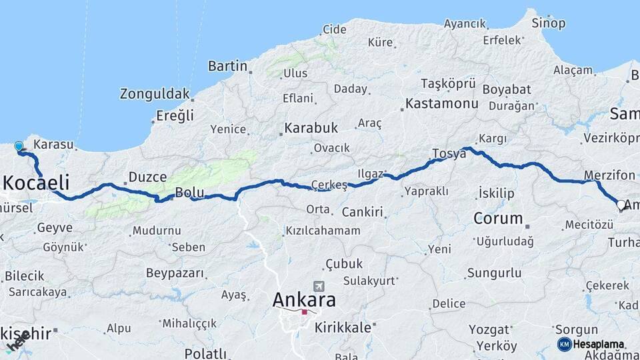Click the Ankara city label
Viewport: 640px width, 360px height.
(304, 300)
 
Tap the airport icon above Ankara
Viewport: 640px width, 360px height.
(319, 285)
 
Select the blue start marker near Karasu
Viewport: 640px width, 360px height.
(19, 147)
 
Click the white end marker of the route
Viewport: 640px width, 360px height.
(621, 205)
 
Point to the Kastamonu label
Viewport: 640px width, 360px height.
(442, 103)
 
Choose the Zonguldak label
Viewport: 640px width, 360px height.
(155, 94)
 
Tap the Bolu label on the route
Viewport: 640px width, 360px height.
(189, 193)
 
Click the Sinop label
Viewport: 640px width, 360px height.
(548, 23)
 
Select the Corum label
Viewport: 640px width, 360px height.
(498, 218)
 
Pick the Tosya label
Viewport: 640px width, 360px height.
(449, 153)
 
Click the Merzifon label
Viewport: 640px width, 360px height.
(609, 175)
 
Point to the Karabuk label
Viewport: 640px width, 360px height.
(311, 127)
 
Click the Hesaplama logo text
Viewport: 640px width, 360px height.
(598, 344)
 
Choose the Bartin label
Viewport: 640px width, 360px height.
(227, 66)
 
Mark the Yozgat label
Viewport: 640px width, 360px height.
(489, 329)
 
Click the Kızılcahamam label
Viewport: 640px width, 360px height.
(323, 231)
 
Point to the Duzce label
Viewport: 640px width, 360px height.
(147, 177)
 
